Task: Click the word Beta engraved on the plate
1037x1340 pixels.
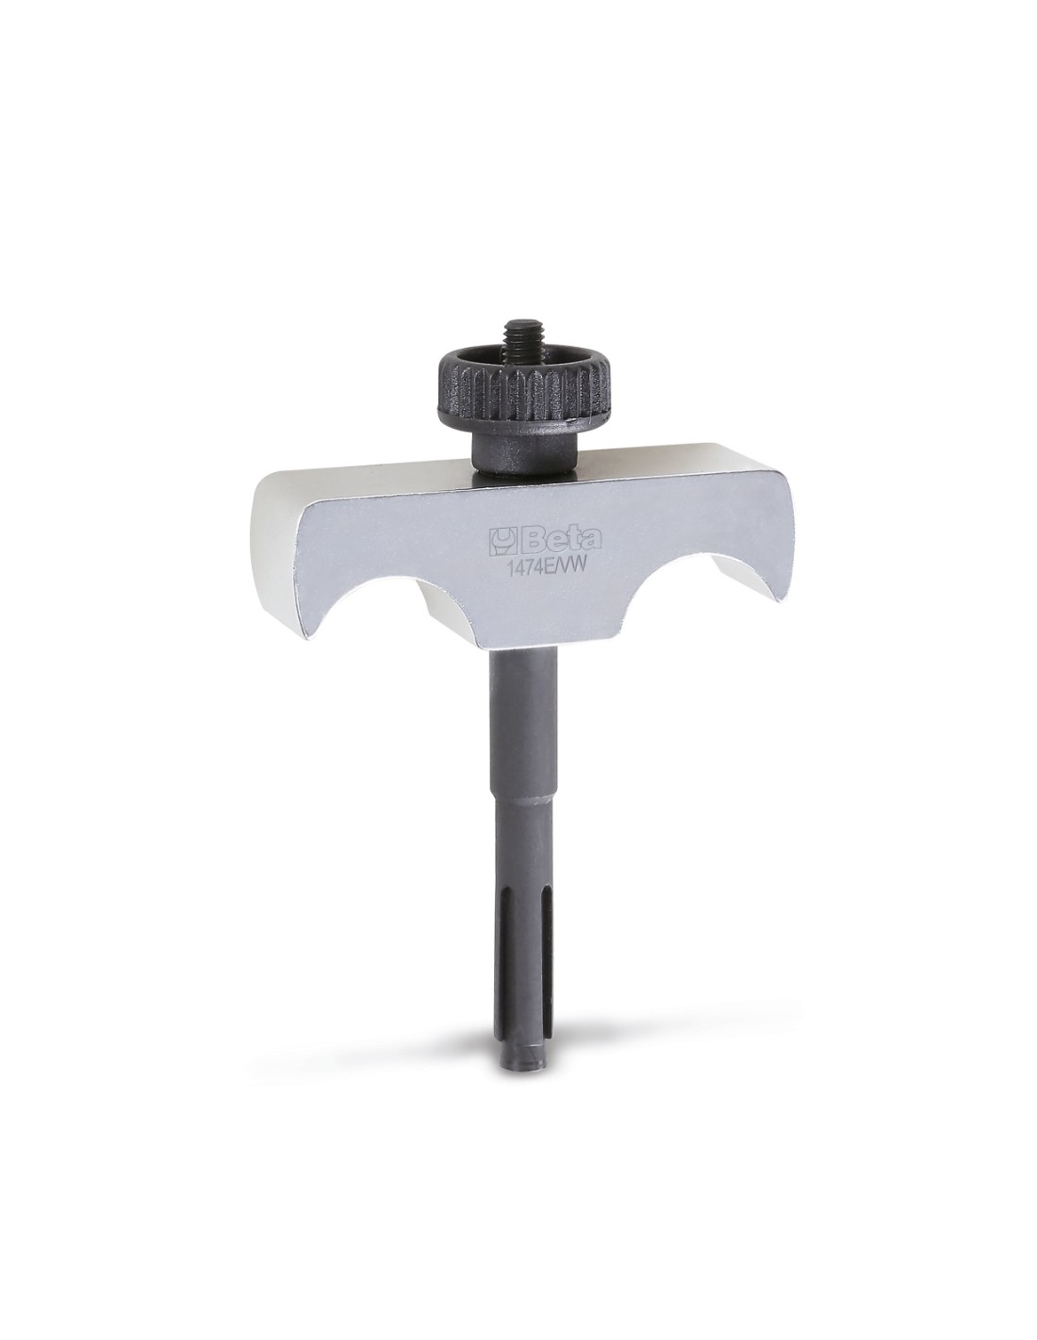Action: tap(558, 539)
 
